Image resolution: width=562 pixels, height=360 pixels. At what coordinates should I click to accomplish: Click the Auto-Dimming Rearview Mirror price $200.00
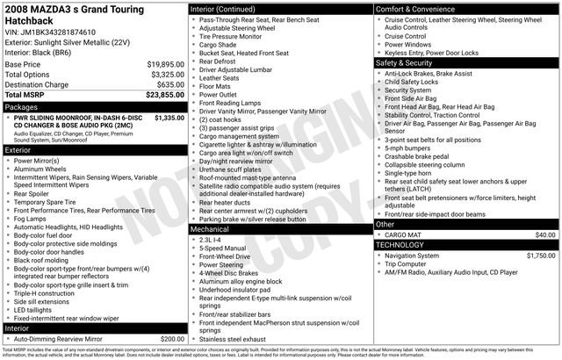click(167, 338)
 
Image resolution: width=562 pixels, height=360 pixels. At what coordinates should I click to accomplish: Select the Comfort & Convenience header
click(417, 9)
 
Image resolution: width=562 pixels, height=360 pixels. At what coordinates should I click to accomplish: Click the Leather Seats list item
click(220, 77)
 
